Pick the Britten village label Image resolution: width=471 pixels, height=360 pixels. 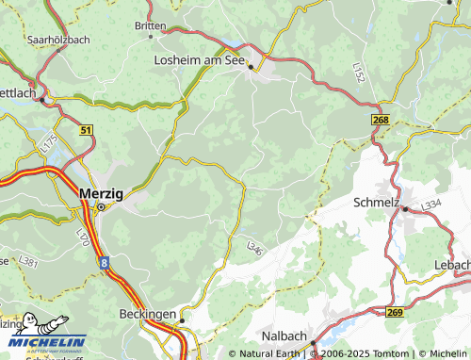point(150,26)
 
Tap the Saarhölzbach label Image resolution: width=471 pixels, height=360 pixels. point(57,41)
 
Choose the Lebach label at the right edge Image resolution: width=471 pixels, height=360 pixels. point(452,265)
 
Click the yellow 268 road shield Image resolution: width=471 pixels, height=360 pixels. point(380,120)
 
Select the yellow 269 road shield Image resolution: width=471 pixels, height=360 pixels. point(395,312)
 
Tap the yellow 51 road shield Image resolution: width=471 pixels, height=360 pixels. point(87,130)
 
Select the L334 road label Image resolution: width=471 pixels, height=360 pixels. point(431,205)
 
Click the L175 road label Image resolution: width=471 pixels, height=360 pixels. point(50,144)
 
